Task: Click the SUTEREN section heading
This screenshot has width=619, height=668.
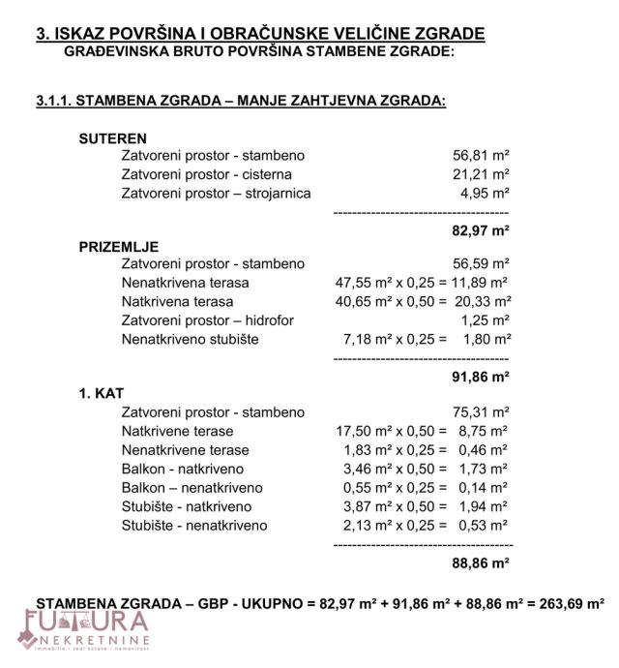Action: point(112,138)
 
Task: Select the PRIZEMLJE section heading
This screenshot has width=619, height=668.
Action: point(118,247)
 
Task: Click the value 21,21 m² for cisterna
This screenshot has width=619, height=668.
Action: point(481,174)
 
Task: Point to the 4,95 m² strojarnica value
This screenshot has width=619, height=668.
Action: point(485,193)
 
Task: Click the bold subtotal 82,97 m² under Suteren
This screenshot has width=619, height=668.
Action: point(481,230)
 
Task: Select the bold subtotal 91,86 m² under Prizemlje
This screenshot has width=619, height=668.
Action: point(481,378)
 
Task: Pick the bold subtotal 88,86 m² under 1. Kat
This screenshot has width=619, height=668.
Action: point(481,562)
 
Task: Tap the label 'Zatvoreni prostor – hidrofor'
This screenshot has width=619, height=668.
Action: point(208,320)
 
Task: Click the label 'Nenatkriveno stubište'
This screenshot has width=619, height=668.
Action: point(191,339)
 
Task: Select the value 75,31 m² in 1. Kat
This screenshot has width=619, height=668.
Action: point(481,412)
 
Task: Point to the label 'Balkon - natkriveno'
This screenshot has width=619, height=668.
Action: point(185,469)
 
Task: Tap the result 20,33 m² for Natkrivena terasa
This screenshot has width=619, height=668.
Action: point(481,301)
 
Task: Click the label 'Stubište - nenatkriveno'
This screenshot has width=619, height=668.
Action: point(194,526)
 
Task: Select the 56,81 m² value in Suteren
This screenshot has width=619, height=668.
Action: point(481,155)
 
